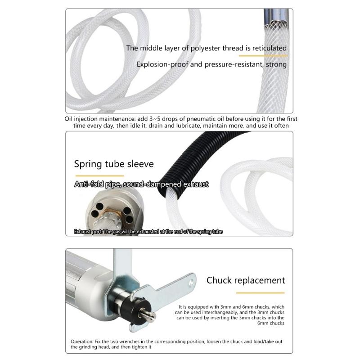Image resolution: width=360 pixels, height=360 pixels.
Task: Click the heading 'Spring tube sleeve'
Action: click(x=113, y=164)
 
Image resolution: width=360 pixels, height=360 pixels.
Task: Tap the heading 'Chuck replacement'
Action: click(x=245, y=280)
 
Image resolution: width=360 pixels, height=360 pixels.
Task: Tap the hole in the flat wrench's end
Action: click(x=191, y=282)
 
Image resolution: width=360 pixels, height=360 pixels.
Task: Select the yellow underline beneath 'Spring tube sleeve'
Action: click(x=99, y=175)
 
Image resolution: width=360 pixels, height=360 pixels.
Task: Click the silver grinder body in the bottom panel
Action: click(x=85, y=279)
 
